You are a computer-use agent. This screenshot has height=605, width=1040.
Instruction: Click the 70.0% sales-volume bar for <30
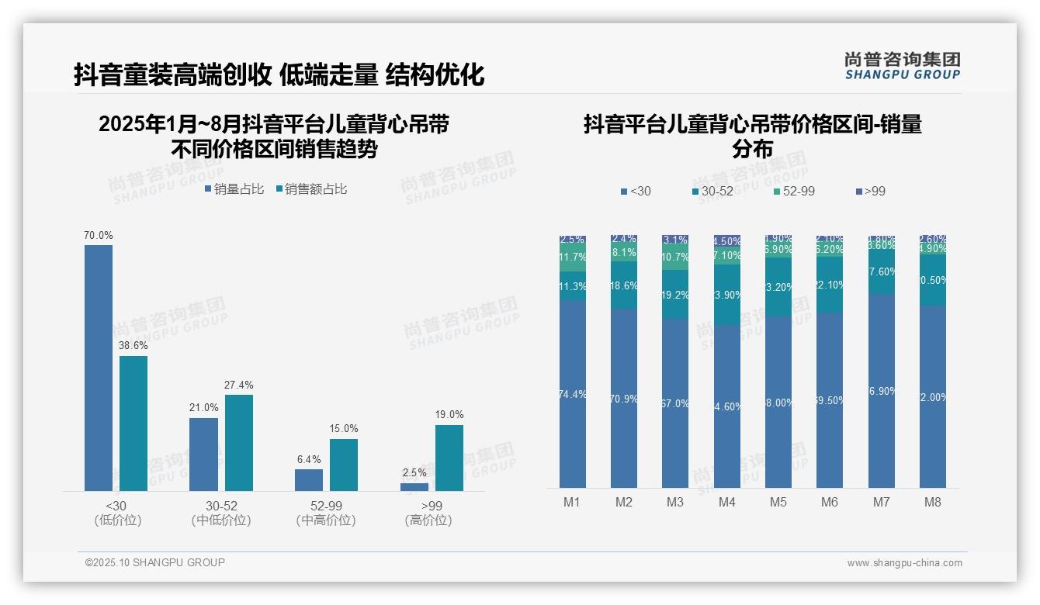pyautogui.click(x=99, y=368)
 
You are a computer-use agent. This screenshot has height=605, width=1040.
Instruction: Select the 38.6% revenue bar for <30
pyautogui.click(x=133, y=423)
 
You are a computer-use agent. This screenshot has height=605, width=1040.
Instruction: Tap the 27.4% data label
pyautogui.click(x=239, y=385)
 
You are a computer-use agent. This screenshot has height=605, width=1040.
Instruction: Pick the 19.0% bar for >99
pyautogui.click(x=449, y=458)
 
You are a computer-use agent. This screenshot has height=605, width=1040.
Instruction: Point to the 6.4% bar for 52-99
pyautogui.click(x=309, y=479)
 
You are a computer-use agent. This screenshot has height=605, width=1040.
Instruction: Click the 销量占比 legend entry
pyautogui.click(x=234, y=189)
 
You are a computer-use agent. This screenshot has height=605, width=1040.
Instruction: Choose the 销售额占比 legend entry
pyautogui.click(x=311, y=189)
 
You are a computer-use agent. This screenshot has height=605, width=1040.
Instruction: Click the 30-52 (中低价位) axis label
pyautogui.click(x=221, y=513)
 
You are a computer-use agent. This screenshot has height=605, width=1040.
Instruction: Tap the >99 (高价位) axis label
pyautogui.click(x=428, y=513)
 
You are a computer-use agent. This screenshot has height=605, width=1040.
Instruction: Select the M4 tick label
pyautogui.click(x=726, y=502)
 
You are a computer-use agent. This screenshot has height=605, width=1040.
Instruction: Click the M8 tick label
pyautogui.click(x=933, y=502)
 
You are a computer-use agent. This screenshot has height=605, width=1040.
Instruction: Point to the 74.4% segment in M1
pyautogui.click(x=573, y=394)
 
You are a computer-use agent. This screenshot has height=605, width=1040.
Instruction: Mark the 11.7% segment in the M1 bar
pyautogui.click(x=573, y=258)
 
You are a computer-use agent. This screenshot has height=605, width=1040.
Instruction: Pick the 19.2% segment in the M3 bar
pyautogui.click(x=675, y=295)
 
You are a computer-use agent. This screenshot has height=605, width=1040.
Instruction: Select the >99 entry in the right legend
pyautogui.click(x=870, y=192)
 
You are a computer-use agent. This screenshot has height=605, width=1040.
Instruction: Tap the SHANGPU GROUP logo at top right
pyautogui.click(x=903, y=66)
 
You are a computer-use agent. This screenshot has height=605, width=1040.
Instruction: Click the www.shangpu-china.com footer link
pyautogui.click(x=904, y=563)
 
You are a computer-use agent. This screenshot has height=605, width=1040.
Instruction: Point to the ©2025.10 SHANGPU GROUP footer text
pyautogui.click(x=155, y=562)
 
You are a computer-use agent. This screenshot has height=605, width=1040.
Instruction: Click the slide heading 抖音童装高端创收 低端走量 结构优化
pyautogui.click(x=279, y=74)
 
